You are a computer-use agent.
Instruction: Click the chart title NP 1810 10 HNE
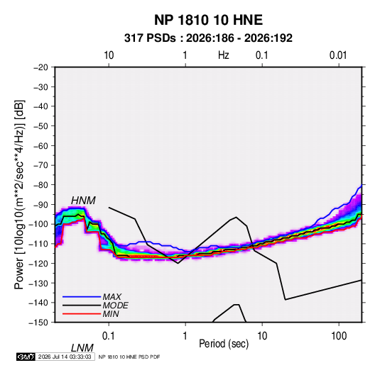(x=208, y=20)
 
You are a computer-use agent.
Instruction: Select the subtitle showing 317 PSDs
(x=208, y=38)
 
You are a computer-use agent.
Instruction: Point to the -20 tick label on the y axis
(x=40, y=67)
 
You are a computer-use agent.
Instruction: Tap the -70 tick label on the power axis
(x=40, y=165)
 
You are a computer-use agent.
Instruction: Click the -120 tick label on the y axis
(x=38, y=263)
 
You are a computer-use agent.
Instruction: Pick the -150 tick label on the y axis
(x=38, y=323)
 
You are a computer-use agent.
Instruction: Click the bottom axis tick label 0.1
(x=109, y=336)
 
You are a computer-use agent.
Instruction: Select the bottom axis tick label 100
(x=339, y=336)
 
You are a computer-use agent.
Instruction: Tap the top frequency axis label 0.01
(x=338, y=55)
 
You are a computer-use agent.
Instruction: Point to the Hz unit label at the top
(x=224, y=55)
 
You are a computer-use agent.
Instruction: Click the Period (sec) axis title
(x=224, y=344)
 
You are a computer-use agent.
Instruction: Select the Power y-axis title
(x=19, y=195)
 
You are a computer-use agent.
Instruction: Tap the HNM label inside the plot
(x=83, y=201)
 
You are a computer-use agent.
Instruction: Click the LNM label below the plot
(x=82, y=348)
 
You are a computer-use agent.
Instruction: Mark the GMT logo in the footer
(x=26, y=357)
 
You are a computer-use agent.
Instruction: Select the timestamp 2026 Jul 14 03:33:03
(x=65, y=357)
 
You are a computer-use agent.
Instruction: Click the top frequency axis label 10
(x=109, y=55)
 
